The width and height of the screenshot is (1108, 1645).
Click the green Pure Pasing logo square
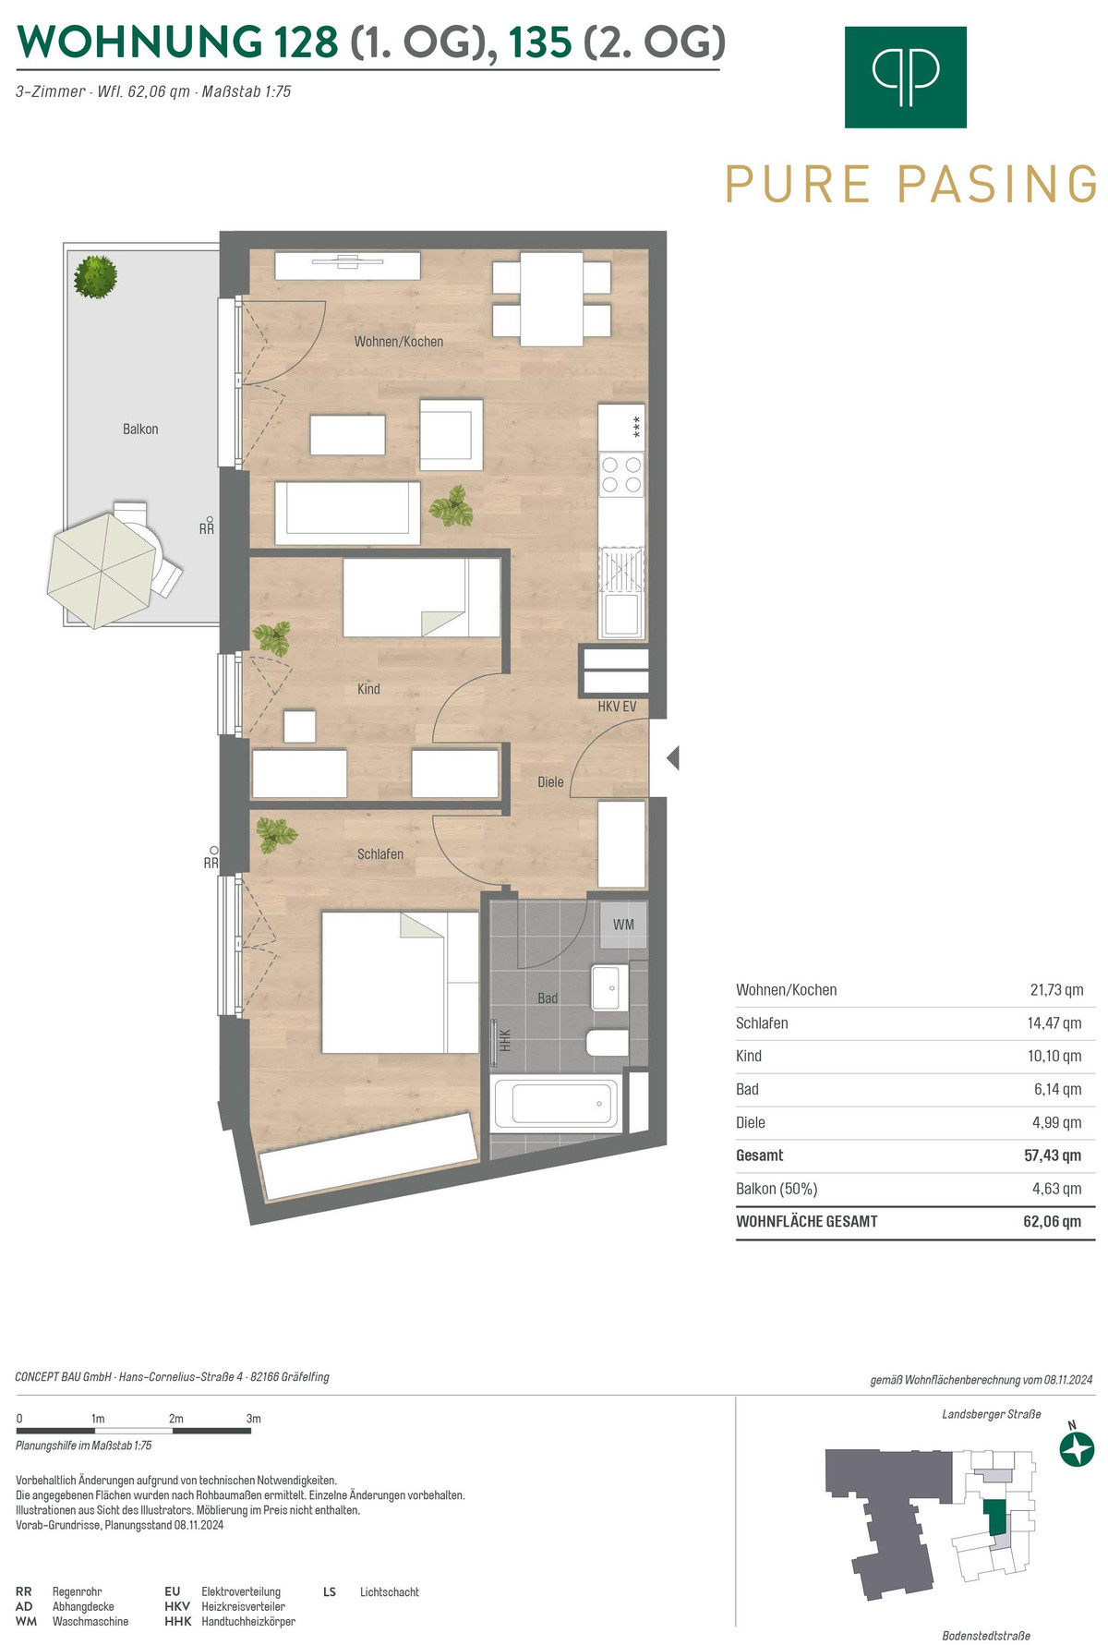(905, 77)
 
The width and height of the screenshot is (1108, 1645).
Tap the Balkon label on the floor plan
(140, 429)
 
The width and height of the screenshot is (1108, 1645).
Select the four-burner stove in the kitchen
(621, 474)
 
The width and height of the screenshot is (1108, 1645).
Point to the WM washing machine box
(623, 925)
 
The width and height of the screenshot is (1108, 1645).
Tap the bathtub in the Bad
(556, 1103)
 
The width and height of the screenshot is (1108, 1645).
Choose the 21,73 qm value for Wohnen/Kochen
(1056, 990)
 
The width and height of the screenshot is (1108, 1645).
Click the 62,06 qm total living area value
(1052, 1221)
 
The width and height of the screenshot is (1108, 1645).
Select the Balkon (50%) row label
(777, 1189)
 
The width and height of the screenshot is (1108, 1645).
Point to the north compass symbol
(1077, 1448)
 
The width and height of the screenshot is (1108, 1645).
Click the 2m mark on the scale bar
(175, 1419)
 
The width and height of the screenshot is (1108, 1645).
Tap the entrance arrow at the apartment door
(673, 758)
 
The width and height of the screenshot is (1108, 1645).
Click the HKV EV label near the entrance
(617, 707)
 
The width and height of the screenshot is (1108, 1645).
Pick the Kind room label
(368, 689)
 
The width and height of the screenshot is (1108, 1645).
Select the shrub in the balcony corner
(96, 276)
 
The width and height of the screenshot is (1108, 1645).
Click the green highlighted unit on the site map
(994, 1518)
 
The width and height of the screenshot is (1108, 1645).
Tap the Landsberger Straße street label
(992, 1414)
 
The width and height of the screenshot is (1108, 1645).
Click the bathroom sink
(608, 988)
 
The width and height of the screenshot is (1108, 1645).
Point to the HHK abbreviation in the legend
(178, 1621)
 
